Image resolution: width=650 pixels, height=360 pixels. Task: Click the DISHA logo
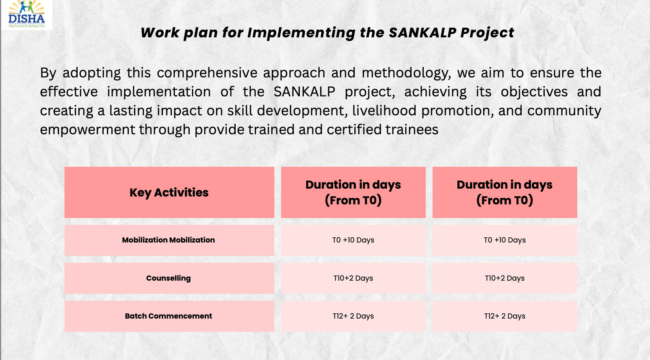pyautogui.click(x=26, y=15)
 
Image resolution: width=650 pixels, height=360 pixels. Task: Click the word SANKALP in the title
pyautogui.click(x=422, y=33)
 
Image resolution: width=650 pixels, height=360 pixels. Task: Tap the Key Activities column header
pyautogui.click(x=169, y=193)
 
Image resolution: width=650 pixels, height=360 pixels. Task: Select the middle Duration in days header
pyautogui.click(x=353, y=193)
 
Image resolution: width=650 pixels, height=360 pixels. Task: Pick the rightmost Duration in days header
pyautogui.click(x=505, y=193)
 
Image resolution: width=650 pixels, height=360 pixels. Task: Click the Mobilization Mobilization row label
pyautogui.click(x=169, y=240)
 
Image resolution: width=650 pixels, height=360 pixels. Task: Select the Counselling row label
pyautogui.click(x=169, y=278)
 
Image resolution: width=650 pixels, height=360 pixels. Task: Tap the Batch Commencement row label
pyautogui.click(x=169, y=316)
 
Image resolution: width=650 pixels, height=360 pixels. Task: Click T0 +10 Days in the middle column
pyautogui.click(x=353, y=240)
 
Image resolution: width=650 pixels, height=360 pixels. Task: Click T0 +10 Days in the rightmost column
pyautogui.click(x=505, y=240)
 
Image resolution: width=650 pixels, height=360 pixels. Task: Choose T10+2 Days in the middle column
pyautogui.click(x=353, y=278)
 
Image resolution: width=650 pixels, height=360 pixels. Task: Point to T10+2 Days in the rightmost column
pyautogui.click(x=505, y=278)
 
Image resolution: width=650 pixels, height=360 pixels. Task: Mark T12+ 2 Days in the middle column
pyautogui.click(x=353, y=316)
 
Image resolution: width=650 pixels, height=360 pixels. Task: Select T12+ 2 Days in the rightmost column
pyautogui.click(x=505, y=316)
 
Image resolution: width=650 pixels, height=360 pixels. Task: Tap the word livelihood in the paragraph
pyautogui.click(x=384, y=111)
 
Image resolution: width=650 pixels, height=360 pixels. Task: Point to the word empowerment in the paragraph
pyautogui.click(x=87, y=130)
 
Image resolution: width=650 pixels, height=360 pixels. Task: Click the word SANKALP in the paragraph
pyautogui.click(x=304, y=92)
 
